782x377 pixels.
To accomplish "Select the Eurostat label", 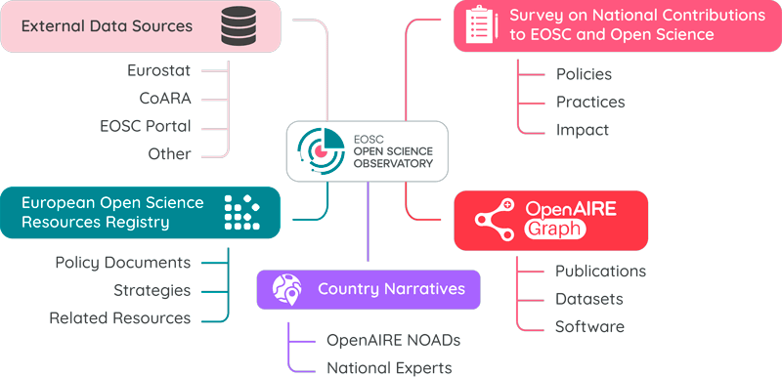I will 158,70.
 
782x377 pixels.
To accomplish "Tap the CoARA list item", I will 165,98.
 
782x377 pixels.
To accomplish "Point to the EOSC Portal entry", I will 146,126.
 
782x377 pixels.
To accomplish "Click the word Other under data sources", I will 169,153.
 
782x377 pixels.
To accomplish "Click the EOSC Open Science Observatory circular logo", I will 321,150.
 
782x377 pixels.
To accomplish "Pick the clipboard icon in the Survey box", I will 479,26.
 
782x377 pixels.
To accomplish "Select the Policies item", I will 584,74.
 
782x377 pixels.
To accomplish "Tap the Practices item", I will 590,102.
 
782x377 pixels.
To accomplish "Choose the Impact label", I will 583,129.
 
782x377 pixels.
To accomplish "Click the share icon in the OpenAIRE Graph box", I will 496,221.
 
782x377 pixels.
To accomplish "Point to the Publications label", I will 600,271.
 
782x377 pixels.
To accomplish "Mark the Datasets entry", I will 589,299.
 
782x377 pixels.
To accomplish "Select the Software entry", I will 589,326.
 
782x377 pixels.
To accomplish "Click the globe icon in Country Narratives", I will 287,289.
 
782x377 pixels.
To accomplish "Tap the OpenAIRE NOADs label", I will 393,340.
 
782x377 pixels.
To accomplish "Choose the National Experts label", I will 389,367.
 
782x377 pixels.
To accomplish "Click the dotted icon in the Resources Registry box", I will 242,213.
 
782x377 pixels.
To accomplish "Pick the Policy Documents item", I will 122,263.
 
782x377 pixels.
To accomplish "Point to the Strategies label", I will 152,290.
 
